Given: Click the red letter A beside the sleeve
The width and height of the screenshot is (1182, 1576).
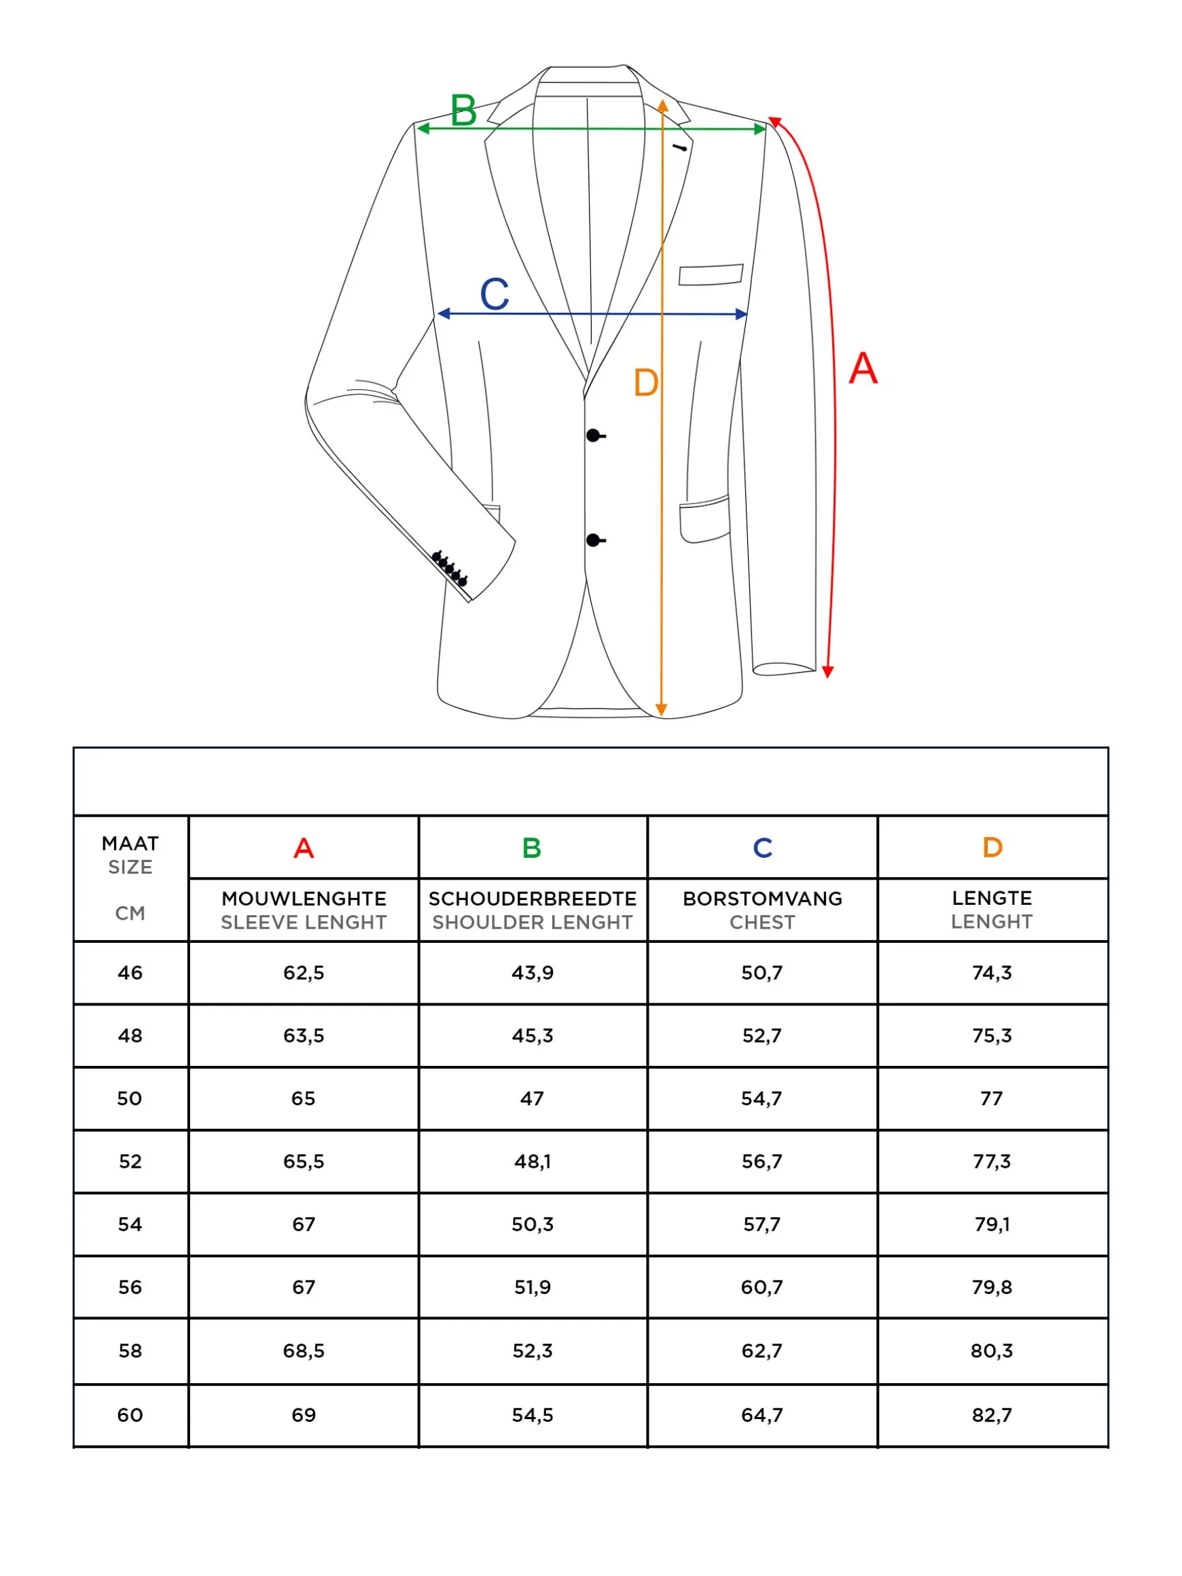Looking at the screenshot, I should point(863,368).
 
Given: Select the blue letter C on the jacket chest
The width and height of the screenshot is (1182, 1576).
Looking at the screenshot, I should point(495,293).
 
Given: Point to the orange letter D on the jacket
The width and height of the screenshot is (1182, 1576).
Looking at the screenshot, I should point(645,383).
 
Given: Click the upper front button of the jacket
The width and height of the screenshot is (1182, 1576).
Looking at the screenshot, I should point(593,435).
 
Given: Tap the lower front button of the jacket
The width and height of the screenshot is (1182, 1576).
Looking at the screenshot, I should point(593,541).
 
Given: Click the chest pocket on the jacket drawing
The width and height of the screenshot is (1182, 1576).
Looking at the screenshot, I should point(711,274).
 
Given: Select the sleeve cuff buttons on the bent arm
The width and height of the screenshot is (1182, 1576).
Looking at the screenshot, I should point(450,568).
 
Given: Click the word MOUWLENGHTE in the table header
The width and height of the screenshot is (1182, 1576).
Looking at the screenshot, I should point(304,899).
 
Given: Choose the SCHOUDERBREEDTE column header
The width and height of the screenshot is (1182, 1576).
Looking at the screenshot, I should point(532,899).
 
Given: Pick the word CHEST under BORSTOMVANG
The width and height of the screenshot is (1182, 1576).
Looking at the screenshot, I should point(762,922).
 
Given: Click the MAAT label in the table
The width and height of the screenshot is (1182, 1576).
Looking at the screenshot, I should point(130,844).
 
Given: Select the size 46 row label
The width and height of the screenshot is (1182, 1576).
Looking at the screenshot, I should point(130,973).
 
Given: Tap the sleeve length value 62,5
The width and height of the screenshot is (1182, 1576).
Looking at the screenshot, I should point(304,973).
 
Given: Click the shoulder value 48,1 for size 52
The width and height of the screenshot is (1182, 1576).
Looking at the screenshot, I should point(532,1162).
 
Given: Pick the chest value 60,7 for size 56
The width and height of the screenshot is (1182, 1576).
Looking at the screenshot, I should point(762,1287).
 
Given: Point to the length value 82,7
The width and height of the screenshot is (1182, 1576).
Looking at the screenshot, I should point(992,1415).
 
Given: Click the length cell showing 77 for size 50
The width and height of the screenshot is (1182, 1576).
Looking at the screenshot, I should point(992,1098).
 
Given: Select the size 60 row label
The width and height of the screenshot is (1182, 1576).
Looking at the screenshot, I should point(130,1415).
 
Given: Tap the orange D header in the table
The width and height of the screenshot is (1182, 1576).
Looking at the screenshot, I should point(992,847).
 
